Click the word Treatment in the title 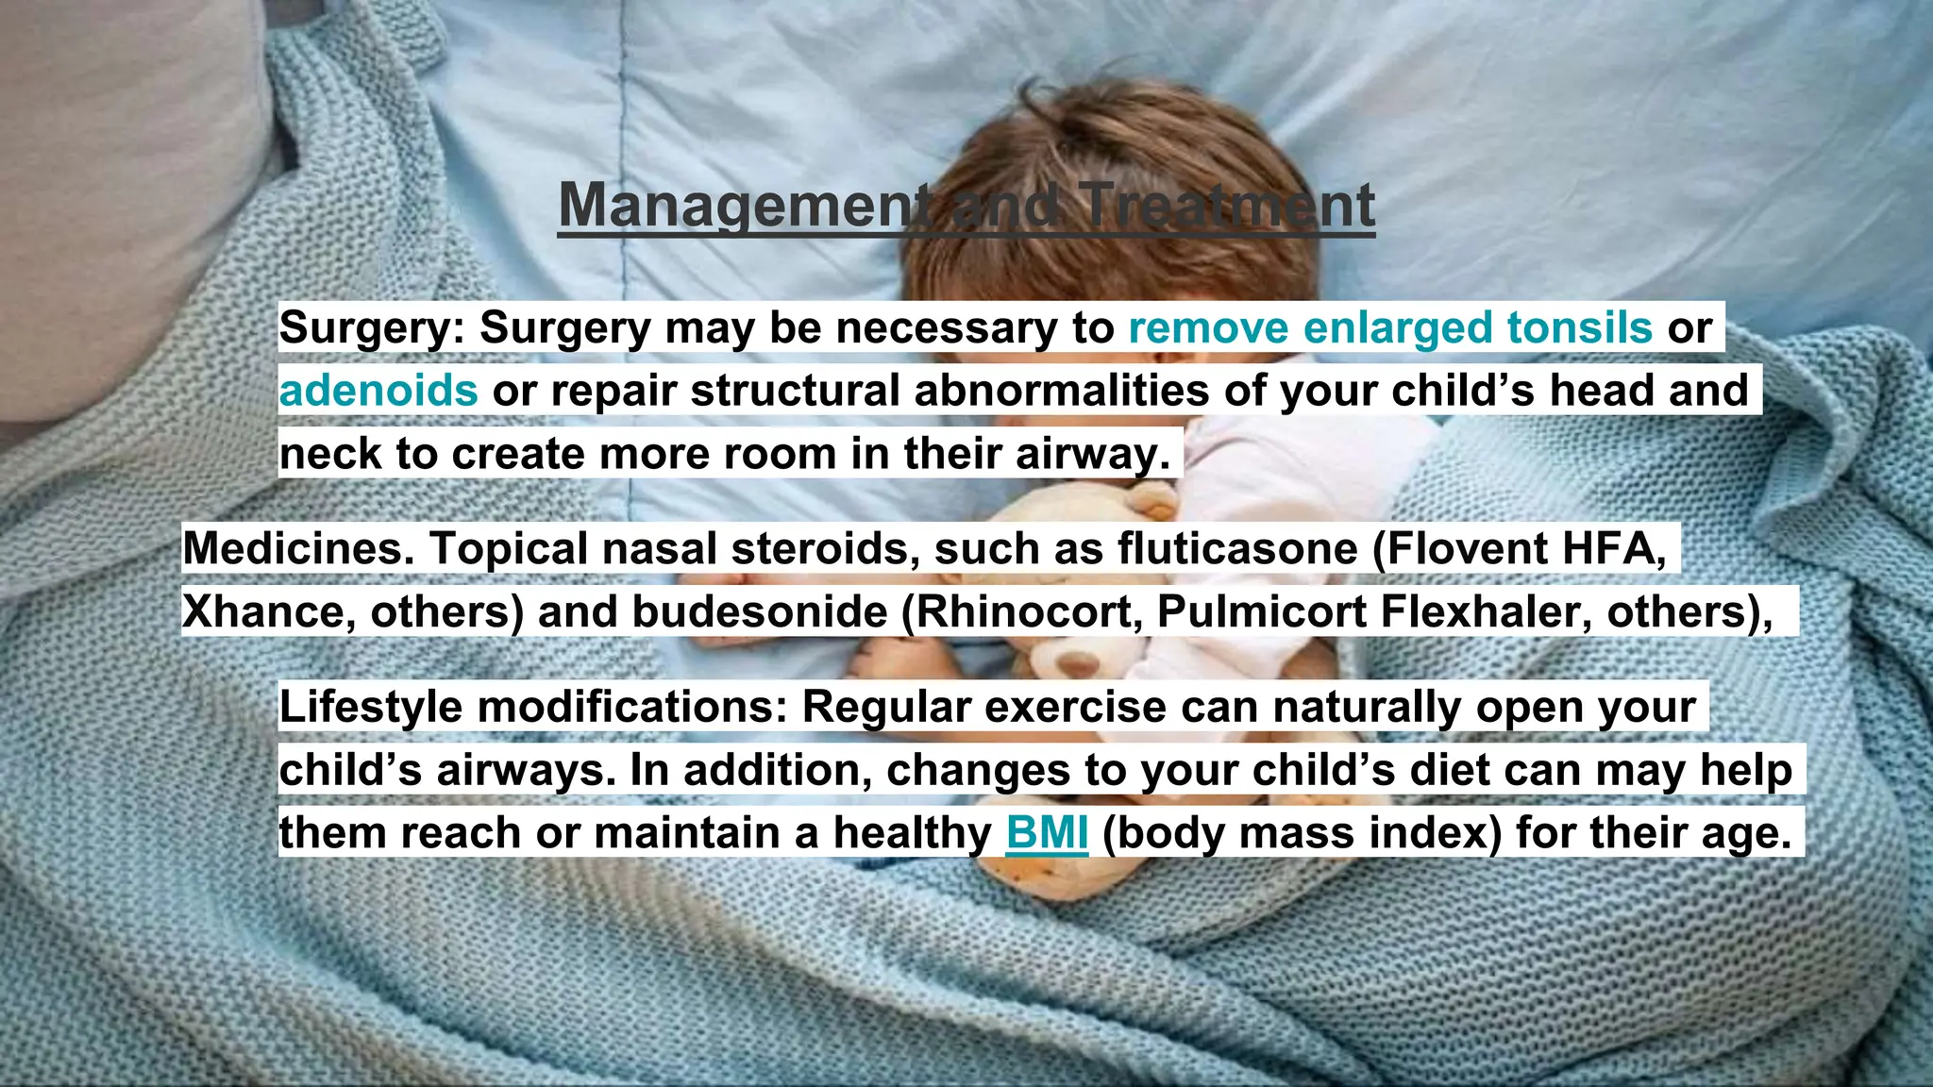(1227, 206)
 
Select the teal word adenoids (378, 391)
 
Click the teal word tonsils (1579, 327)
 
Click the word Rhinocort (1025, 611)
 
